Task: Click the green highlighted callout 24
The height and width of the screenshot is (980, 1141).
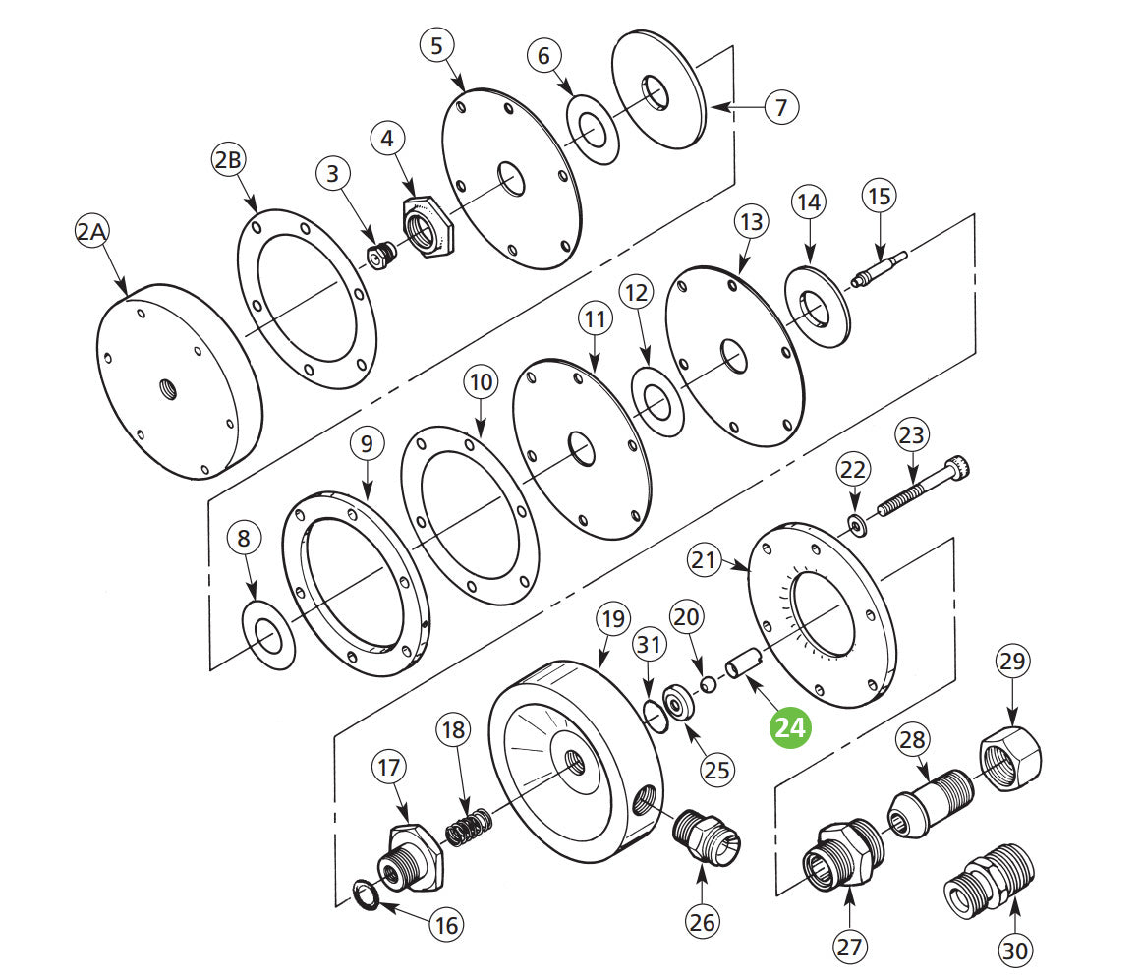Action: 791,727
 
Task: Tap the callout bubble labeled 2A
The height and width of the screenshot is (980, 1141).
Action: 93,233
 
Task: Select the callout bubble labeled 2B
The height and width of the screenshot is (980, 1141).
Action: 227,161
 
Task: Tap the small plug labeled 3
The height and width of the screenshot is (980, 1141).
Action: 379,256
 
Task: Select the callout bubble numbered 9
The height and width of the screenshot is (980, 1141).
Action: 367,444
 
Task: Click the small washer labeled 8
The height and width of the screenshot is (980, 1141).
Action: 268,638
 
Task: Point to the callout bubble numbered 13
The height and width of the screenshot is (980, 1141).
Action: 751,223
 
